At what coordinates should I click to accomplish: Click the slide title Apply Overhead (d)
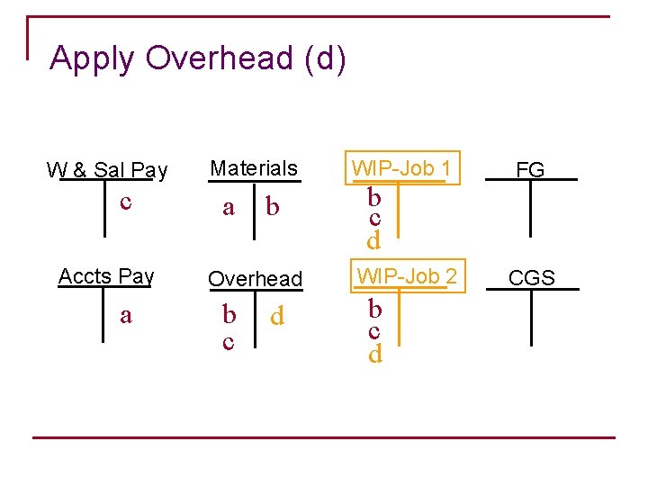tap(198, 58)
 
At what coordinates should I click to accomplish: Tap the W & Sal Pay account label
tap(107, 169)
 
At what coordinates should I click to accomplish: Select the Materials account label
tap(254, 168)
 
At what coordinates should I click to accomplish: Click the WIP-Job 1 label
tap(400, 167)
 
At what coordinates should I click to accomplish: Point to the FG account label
tap(530, 169)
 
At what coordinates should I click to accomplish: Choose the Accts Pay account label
tap(106, 276)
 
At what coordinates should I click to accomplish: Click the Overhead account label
tap(256, 279)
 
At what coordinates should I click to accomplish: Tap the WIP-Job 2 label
tap(408, 276)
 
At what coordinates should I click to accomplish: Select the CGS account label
tap(531, 278)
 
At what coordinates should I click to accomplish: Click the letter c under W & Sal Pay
tap(127, 202)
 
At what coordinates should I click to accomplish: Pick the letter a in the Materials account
tap(229, 208)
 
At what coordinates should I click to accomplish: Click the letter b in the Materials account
tap(272, 208)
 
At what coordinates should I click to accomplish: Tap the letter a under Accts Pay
tap(126, 315)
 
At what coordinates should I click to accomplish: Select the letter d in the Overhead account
tap(277, 316)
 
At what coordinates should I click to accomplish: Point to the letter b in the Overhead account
tap(229, 315)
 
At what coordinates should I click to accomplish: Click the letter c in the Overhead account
tap(229, 341)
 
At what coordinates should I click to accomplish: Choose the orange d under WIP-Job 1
tap(373, 239)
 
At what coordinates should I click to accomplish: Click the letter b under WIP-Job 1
tap(374, 196)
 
